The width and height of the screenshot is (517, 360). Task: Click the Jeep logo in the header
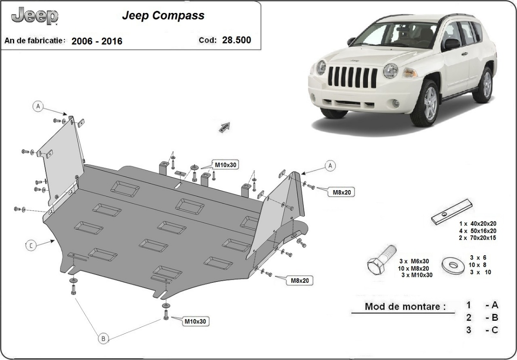tap(34, 16)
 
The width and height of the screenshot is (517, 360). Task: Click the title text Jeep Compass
tap(163, 16)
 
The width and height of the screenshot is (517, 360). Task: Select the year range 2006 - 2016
tap(97, 41)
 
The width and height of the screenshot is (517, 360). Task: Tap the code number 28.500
tap(237, 41)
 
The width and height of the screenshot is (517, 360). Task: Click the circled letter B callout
tap(103, 339)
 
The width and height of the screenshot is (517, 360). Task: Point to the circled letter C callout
tap(31, 246)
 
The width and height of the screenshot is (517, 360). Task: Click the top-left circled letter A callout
tap(38, 106)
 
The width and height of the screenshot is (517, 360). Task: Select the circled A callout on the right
tap(330, 166)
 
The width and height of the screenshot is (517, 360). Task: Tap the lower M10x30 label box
tap(196, 321)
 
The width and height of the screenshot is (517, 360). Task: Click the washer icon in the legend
tap(452, 263)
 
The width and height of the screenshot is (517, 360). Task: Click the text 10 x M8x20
tap(414, 268)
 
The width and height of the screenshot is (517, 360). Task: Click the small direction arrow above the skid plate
tap(225, 127)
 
